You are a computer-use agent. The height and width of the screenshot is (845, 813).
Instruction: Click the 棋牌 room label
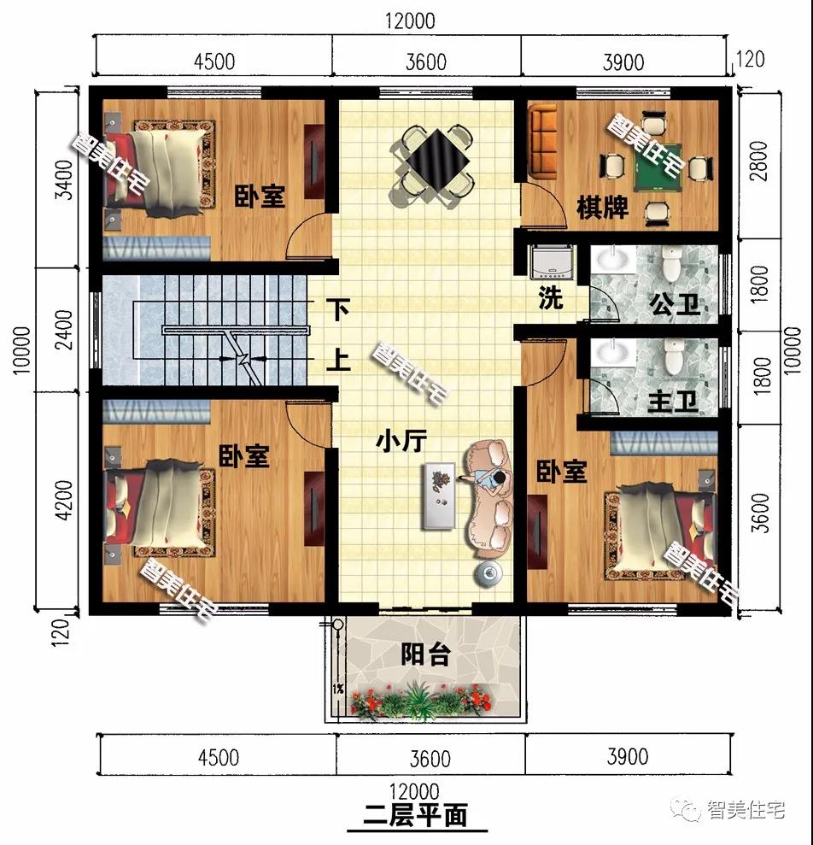[x=602, y=208]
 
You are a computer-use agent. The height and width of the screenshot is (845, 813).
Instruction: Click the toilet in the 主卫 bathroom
[x=672, y=357]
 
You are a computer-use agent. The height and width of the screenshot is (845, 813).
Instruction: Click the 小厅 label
[x=402, y=442]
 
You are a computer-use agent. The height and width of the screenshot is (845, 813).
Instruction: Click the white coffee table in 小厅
[x=440, y=496]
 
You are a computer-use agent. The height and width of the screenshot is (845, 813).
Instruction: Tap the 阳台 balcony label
[x=425, y=654]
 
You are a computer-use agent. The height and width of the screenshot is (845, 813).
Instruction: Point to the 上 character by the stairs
[x=338, y=360]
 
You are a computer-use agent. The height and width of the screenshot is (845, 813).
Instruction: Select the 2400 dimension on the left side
[x=64, y=330]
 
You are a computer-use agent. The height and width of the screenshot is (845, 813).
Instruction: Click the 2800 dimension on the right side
[x=758, y=161]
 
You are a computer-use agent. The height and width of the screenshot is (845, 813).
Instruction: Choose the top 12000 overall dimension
[x=410, y=21]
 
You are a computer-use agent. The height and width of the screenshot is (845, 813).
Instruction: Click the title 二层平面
[x=415, y=815]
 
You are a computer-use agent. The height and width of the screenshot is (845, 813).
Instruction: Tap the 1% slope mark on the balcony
[x=338, y=688]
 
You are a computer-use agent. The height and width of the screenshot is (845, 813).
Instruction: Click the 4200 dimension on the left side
[x=64, y=500]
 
